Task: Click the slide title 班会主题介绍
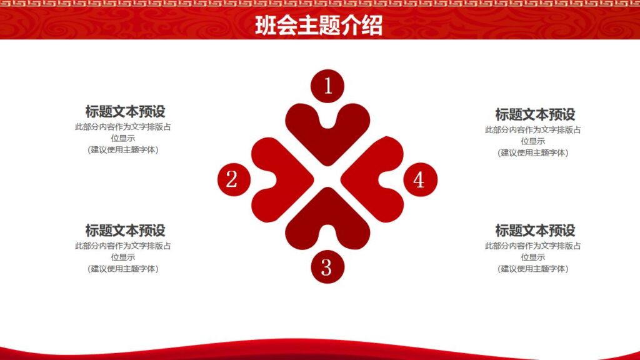[319, 26]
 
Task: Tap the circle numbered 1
[327, 86]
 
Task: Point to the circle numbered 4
[419, 179]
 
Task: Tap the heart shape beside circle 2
[279, 179]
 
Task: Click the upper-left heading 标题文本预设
[125, 112]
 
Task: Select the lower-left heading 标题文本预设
[125, 230]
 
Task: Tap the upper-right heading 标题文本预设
[535, 114]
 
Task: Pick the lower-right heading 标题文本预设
[535, 230]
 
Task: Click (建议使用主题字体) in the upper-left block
[123, 150]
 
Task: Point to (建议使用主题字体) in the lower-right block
[533, 269]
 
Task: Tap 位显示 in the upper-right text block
[533, 141]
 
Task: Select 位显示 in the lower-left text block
[123, 257]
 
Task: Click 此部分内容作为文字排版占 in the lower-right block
[533, 246]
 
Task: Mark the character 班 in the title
[266, 26]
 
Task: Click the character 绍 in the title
[371, 26]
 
